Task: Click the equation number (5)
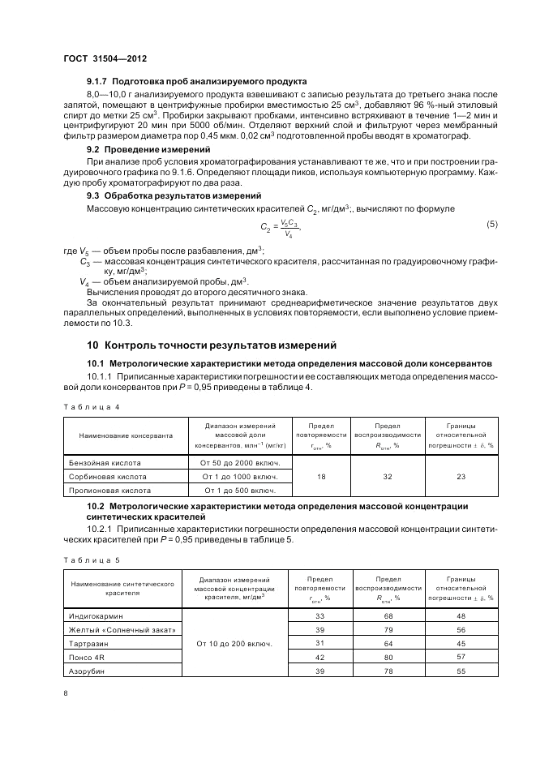(491, 224)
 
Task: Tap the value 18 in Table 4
(321, 476)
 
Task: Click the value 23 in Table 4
(461, 476)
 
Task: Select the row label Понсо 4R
(85, 658)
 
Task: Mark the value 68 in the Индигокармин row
(389, 615)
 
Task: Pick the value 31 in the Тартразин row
(319, 643)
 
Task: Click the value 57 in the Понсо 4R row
(461, 658)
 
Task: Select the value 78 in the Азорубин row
(389, 671)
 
